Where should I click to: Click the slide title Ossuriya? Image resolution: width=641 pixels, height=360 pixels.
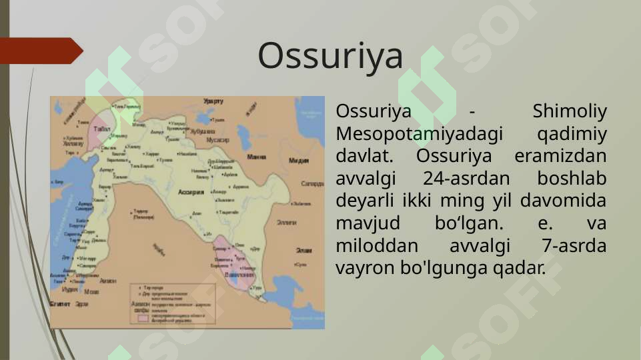tap(330, 55)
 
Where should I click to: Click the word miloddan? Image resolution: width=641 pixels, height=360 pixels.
tap(369, 245)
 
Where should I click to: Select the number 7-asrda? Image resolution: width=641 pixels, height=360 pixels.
tap(574, 245)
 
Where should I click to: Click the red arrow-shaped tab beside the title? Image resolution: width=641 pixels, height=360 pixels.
tap(40, 51)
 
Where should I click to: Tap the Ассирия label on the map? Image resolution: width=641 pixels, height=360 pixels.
tap(191, 192)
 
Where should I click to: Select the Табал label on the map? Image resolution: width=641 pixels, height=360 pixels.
tap(102, 128)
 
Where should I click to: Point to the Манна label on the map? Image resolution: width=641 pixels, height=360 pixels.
tap(256, 157)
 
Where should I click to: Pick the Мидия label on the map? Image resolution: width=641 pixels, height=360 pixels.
tap(298, 161)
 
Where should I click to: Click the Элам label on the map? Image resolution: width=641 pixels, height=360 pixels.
tap(304, 250)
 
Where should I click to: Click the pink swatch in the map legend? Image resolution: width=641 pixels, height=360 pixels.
tap(142, 318)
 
